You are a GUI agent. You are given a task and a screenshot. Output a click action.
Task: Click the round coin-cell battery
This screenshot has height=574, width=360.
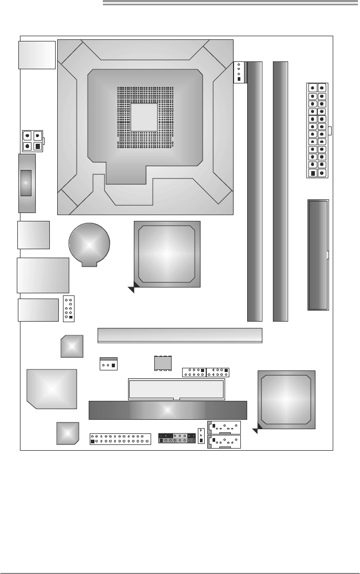click(90, 245)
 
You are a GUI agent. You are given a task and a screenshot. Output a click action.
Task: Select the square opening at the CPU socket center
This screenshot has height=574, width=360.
click(144, 117)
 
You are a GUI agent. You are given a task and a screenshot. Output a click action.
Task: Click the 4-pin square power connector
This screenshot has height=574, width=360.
click(32, 141)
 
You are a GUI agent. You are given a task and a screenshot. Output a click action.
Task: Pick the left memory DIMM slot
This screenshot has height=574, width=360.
click(255, 192)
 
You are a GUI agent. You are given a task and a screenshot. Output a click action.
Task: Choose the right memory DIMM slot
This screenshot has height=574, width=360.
click(281, 192)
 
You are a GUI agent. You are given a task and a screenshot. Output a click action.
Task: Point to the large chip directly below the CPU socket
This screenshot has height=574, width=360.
click(167, 254)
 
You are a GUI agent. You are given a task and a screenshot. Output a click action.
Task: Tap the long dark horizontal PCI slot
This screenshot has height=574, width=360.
click(167, 410)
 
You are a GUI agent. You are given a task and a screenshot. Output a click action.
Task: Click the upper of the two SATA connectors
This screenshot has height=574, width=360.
click(225, 428)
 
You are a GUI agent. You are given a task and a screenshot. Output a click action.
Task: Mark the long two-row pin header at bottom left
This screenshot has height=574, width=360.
click(120, 439)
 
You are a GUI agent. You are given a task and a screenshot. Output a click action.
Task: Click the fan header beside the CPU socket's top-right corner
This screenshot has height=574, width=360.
click(239, 71)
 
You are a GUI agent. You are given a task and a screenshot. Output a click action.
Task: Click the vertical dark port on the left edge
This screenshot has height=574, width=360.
click(27, 183)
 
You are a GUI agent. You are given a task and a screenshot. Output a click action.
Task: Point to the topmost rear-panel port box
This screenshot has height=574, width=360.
click(37, 55)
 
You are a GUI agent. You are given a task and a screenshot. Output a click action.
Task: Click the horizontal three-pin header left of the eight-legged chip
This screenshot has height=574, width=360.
click(109, 364)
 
